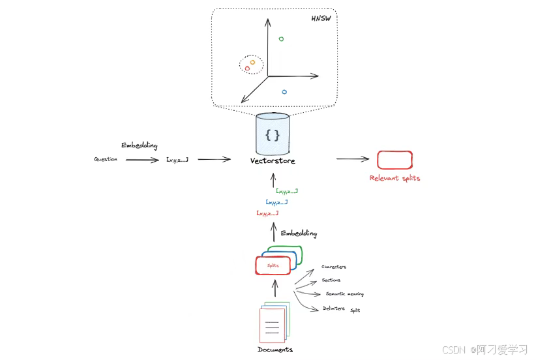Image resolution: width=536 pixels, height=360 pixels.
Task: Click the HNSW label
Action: [x=321, y=17]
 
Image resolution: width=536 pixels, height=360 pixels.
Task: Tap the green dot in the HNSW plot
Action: [x=281, y=39]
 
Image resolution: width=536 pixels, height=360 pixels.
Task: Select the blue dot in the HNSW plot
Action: [x=284, y=92]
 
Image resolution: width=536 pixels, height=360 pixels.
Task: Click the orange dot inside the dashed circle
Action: [x=252, y=63]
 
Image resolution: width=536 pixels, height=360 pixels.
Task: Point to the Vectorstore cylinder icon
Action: [x=273, y=134]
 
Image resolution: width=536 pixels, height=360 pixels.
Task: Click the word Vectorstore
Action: [x=273, y=161]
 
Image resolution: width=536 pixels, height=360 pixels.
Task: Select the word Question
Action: [x=106, y=159]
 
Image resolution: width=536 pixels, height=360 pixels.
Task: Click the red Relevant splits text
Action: [x=395, y=178]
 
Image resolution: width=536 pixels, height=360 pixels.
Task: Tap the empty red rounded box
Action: [x=395, y=159]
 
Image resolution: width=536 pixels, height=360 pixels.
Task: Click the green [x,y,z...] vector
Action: [x=287, y=191]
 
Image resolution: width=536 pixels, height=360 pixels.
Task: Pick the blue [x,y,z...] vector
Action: [x=276, y=202]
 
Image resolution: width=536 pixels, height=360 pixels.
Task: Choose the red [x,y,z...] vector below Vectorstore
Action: [x=268, y=213]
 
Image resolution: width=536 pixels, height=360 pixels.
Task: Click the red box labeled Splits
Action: [x=273, y=266]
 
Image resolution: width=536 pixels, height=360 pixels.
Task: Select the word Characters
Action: [x=334, y=267]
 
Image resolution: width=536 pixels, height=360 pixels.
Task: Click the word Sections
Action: [x=331, y=280]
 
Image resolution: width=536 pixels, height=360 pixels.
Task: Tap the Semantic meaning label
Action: [x=345, y=294]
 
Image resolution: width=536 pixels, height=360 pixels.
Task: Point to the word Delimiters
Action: [x=334, y=308]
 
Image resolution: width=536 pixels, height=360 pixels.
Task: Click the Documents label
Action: [x=275, y=350]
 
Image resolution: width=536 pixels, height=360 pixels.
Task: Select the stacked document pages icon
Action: [x=273, y=322]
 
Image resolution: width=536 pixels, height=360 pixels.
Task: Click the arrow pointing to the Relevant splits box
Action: [x=352, y=159]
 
